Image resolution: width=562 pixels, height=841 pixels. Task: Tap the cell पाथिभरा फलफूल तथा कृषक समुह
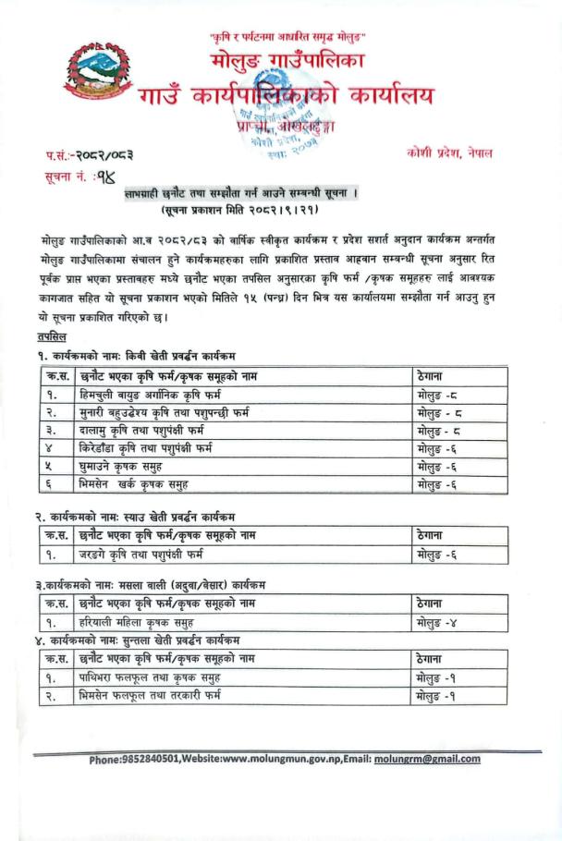coord(155,676)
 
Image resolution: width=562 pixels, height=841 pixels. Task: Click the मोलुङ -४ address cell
coord(436,624)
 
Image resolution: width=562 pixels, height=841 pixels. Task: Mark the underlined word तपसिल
coord(51,338)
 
